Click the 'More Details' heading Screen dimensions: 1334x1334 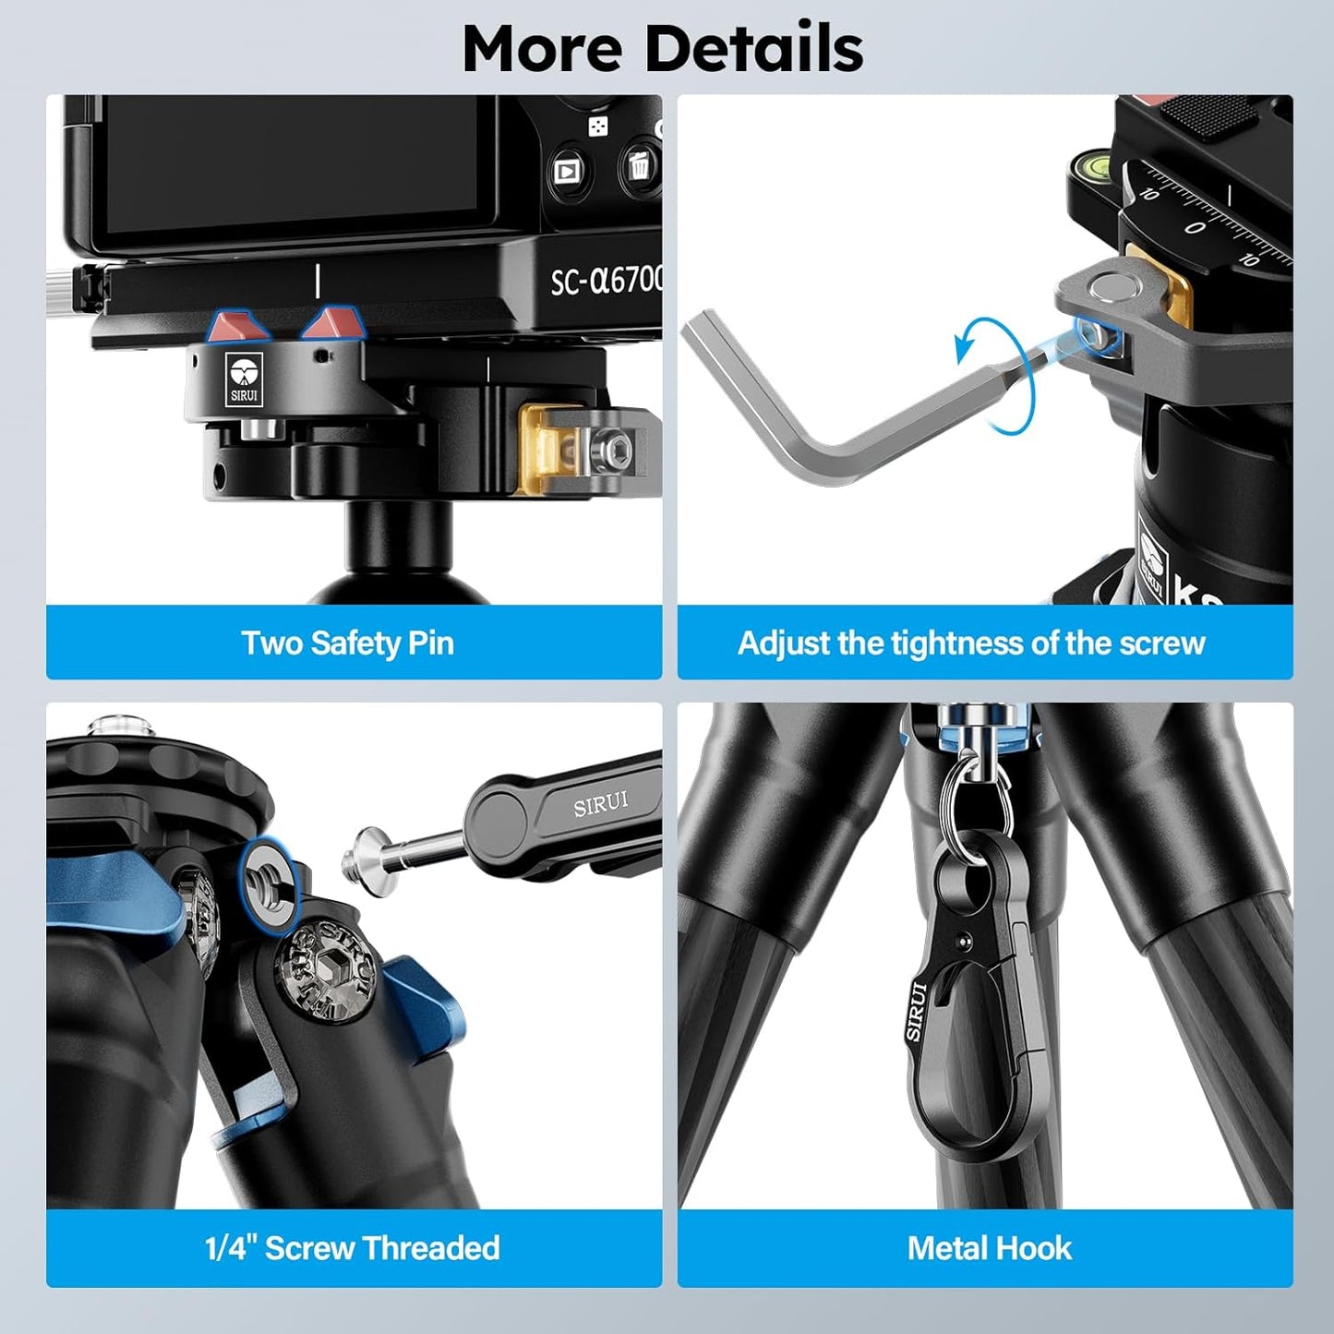click(x=663, y=48)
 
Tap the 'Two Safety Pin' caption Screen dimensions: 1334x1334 click(x=347, y=643)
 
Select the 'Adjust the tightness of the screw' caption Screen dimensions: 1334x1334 click(x=971, y=643)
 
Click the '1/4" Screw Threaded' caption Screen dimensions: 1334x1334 click(x=352, y=1248)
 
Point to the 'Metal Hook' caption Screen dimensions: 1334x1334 click(x=989, y=1248)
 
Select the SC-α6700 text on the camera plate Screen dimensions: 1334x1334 click(x=605, y=280)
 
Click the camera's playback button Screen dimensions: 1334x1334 click(x=566, y=172)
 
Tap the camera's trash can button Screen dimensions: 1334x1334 click(x=639, y=167)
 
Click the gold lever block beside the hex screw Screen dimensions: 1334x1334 click(x=545, y=449)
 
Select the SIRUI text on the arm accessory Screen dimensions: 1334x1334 click(x=600, y=804)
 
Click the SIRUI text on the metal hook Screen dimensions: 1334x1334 click(x=916, y=1012)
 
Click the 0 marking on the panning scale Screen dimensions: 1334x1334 click(x=1195, y=227)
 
